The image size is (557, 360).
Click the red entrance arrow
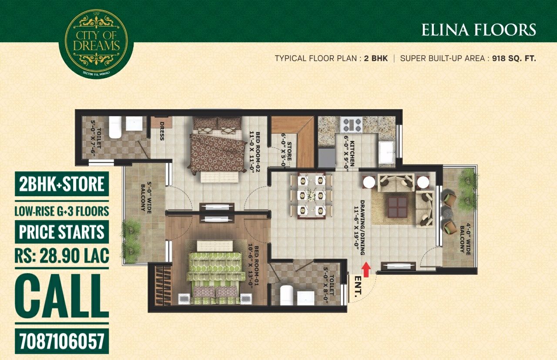(366, 269)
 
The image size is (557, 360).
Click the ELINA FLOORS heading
(478, 30)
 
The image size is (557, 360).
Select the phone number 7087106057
(62, 341)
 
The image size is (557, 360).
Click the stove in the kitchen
(351, 124)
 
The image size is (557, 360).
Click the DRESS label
(162, 131)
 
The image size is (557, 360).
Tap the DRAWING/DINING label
(359, 227)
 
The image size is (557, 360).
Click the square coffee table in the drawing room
(397, 207)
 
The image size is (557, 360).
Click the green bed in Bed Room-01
(215, 272)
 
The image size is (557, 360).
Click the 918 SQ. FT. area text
(514, 58)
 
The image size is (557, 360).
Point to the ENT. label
(358, 287)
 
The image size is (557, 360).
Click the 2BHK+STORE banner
(62, 184)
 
